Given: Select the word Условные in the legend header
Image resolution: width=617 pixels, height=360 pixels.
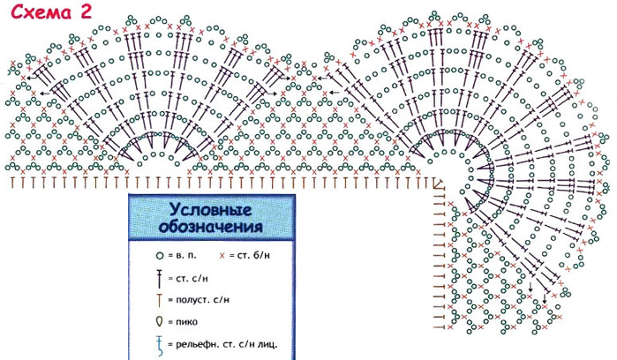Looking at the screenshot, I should [x=210, y=211].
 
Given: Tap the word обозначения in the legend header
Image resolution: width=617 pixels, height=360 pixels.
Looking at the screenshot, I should [x=210, y=228].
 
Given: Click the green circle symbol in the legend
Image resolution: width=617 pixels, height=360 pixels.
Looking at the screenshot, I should [x=159, y=255].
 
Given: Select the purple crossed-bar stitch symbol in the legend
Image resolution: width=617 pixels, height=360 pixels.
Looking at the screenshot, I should [x=159, y=279].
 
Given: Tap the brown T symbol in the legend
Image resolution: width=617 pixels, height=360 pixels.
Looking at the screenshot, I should [x=159, y=300].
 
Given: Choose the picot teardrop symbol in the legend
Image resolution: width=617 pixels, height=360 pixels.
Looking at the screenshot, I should [x=159, y=320].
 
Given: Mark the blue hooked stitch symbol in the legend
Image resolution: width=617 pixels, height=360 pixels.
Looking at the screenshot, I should [x=159, y=342].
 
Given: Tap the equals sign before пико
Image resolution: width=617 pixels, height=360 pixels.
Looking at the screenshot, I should [x=171, y=321].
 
